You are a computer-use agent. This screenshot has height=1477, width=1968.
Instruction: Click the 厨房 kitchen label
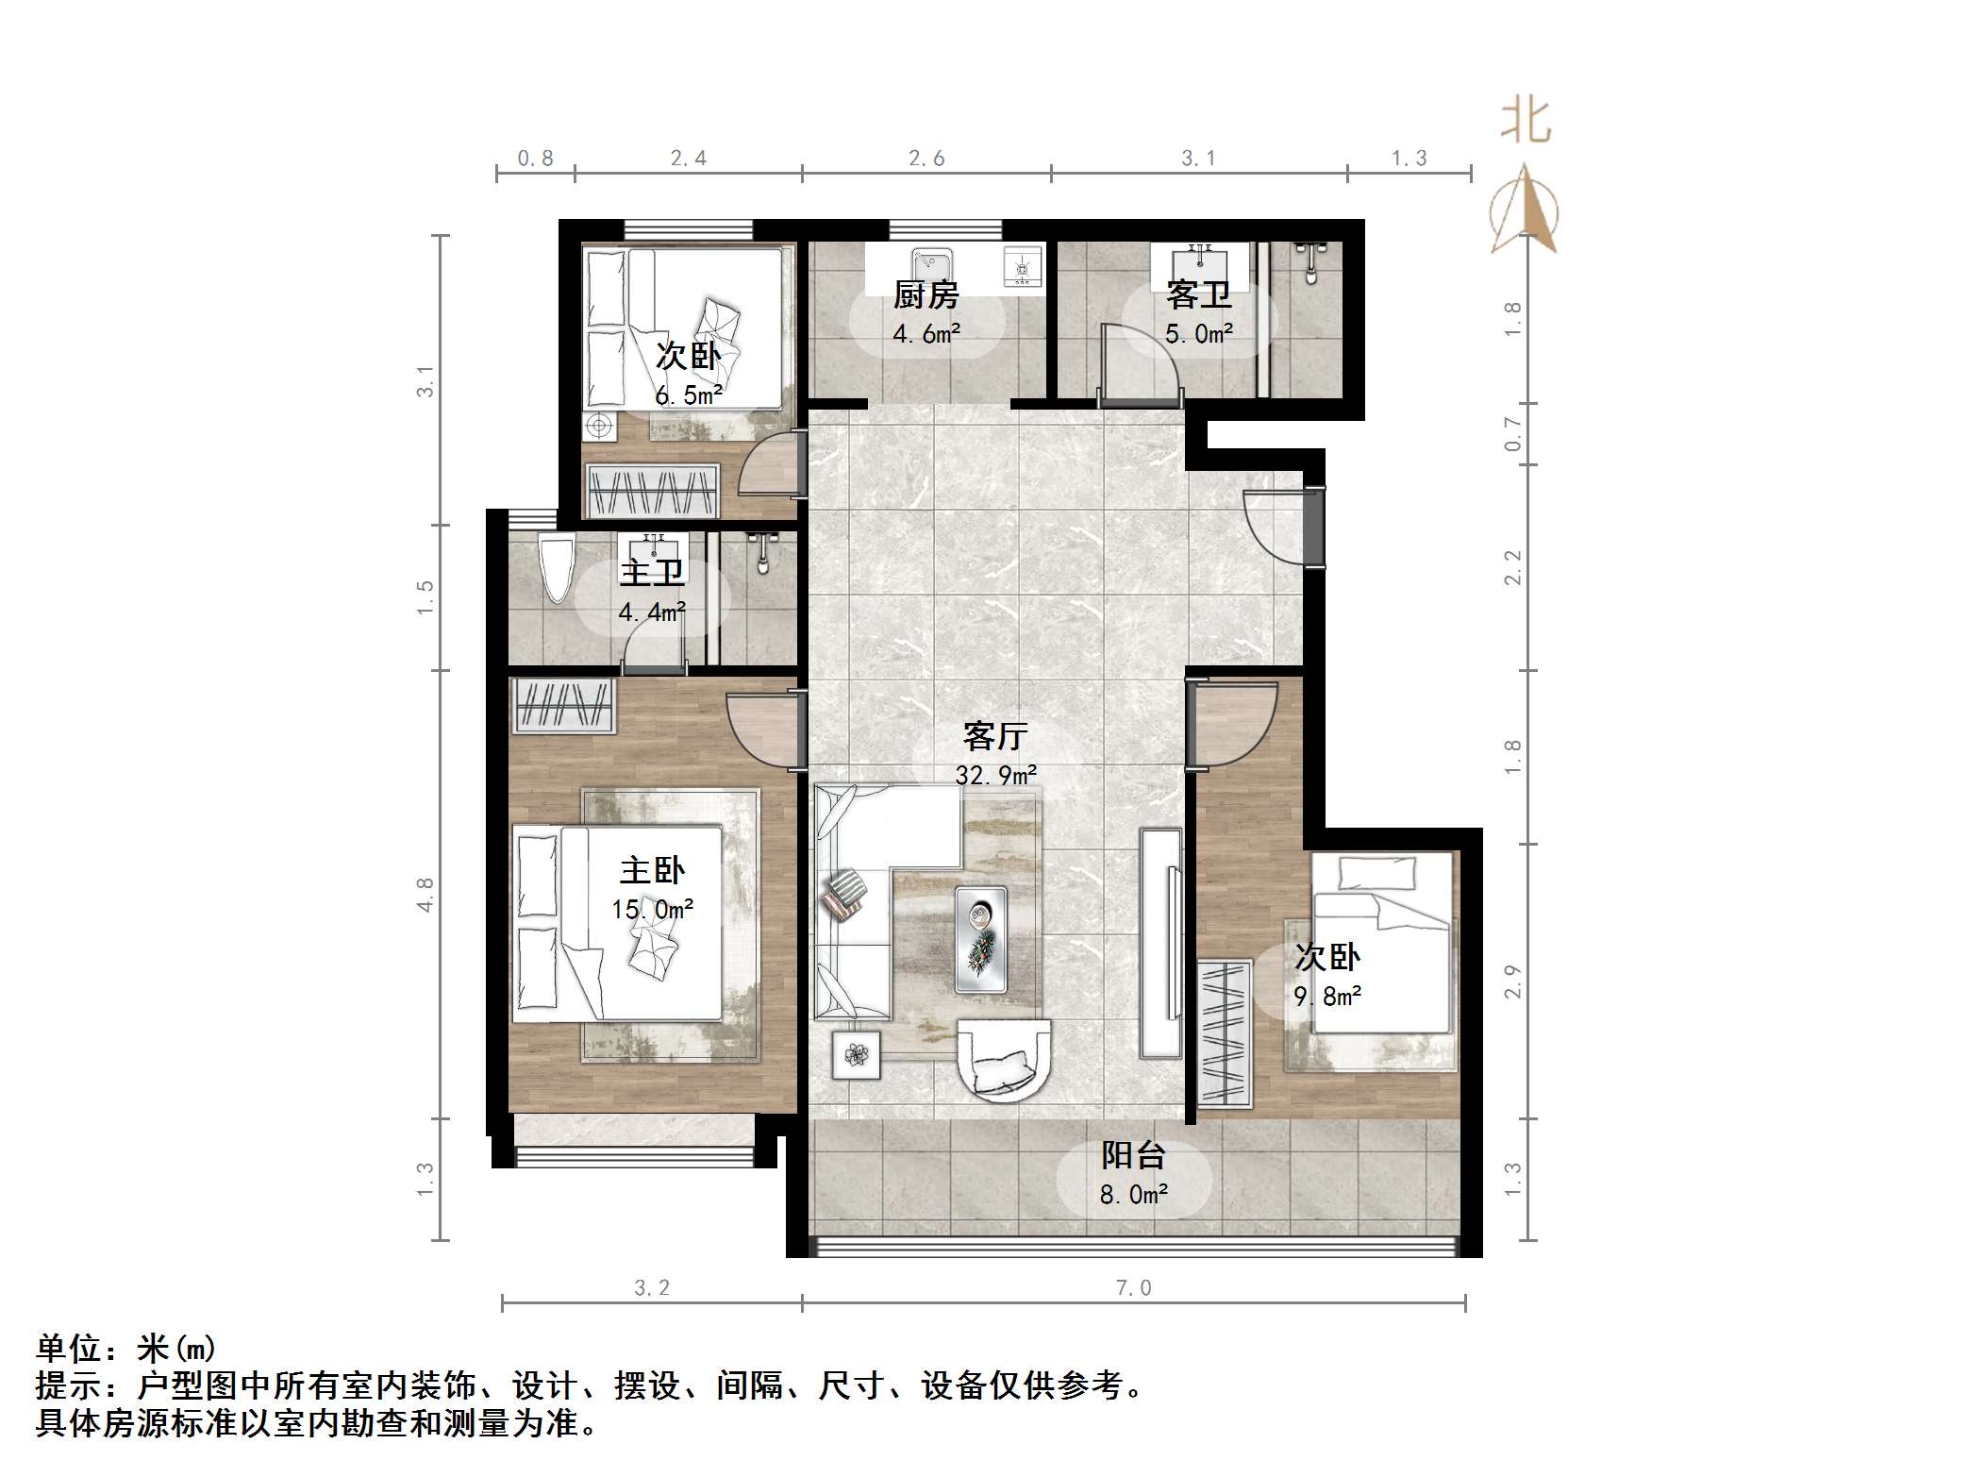926,295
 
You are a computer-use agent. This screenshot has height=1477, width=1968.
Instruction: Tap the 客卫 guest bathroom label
1198,295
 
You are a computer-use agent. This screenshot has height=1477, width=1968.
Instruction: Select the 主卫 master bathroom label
651,573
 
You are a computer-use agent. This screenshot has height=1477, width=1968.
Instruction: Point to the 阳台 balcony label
1133,1155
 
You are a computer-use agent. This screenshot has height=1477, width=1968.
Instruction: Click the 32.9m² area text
996,776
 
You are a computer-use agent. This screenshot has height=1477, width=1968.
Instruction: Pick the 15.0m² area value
652,910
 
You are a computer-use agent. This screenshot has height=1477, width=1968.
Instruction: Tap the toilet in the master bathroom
557,566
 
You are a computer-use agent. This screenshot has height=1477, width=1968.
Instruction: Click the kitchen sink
930,260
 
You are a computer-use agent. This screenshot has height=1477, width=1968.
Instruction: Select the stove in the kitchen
1022,265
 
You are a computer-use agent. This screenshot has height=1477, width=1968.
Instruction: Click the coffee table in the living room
980,939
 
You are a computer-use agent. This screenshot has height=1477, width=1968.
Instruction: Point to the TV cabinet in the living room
1161,943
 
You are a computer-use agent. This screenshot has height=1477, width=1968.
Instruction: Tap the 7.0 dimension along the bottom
1133,1288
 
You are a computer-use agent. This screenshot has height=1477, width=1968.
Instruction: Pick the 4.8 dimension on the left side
425,894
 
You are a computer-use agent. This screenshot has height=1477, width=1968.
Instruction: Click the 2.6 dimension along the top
926,159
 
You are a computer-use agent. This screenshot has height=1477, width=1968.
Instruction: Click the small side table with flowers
857,1054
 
